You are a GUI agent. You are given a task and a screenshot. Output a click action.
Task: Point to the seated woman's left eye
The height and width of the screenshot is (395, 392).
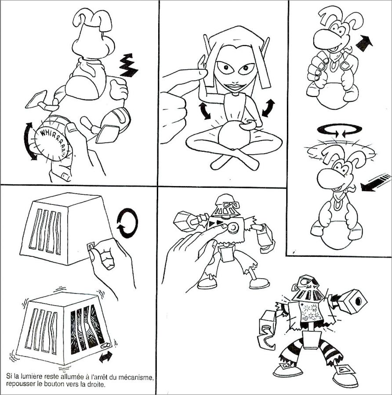[x=246, y=68]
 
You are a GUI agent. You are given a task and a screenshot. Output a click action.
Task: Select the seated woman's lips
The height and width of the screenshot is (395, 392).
[x=236, y=87]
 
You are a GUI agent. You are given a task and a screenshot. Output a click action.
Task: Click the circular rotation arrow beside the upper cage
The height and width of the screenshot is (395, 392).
[x=127, y=223]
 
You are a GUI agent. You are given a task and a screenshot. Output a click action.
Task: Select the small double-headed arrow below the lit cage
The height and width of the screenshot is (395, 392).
[x=106, y=357]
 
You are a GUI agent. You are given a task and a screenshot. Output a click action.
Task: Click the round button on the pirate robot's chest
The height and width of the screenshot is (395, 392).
[x=233, y=228]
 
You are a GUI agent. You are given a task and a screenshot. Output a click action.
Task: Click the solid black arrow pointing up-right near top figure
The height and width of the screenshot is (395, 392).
[x=364, y=43]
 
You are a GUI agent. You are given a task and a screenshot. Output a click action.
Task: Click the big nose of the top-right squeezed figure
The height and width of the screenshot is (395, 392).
[x=323, y=39]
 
